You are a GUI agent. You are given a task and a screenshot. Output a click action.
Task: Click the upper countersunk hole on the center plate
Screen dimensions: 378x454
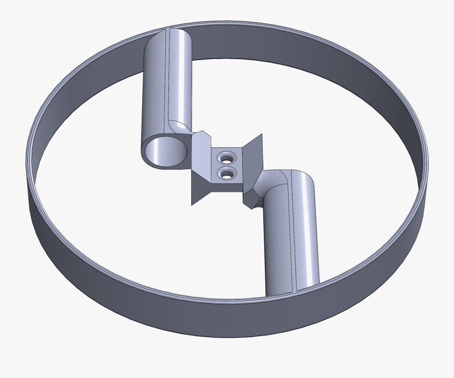click(226, 158)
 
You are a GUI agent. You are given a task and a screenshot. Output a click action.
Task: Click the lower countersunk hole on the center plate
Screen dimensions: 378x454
click(226, 175)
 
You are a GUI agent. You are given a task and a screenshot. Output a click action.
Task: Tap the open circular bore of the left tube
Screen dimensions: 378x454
click(165, 152)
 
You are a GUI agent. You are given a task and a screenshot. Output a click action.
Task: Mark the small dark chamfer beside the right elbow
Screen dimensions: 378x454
click(251, 200)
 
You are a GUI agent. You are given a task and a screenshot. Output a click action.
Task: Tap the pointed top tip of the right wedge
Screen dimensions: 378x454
click(262, 135)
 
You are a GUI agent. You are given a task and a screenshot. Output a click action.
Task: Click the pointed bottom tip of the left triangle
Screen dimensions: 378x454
click(192, 204)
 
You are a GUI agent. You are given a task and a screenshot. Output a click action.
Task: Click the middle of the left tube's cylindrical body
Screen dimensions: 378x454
click(166, 86)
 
